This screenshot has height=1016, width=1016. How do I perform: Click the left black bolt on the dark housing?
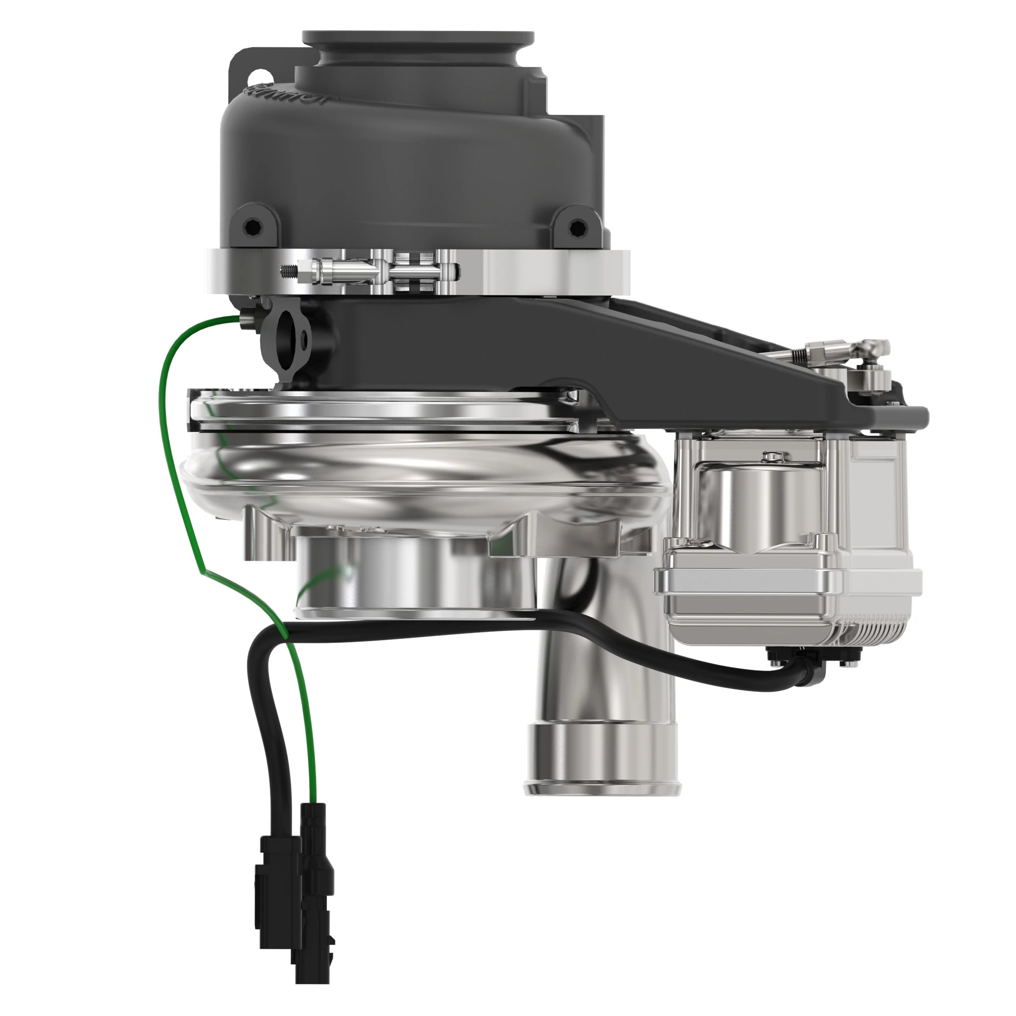point(252,227)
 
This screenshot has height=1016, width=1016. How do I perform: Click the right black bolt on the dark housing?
point(578,227)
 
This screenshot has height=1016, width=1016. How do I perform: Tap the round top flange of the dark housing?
point(418,40)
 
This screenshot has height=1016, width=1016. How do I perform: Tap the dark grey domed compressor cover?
point(410,158)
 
